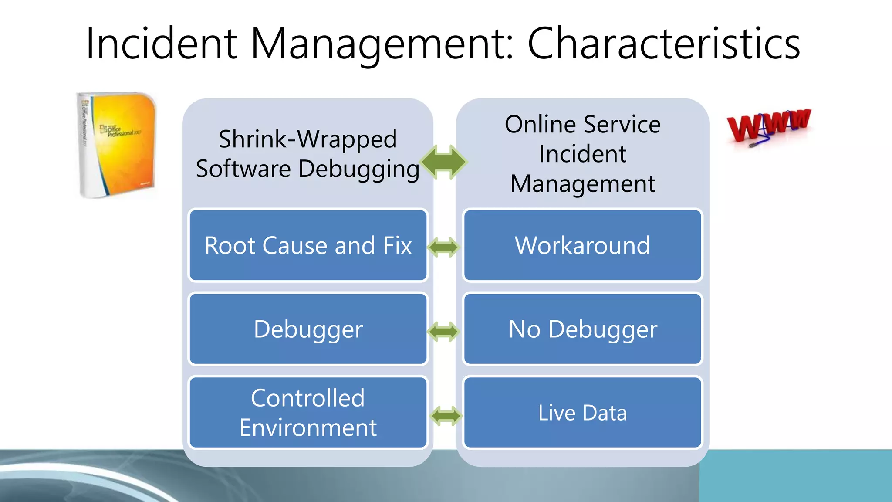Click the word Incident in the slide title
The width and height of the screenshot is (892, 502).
tap(161, 44)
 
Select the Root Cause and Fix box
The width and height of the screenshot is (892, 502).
tap(308, 245)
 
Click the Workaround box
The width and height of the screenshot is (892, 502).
tap(582, 245)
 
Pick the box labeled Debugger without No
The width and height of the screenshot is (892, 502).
tap(308, 329)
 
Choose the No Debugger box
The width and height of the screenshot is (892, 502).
tap(582, 329)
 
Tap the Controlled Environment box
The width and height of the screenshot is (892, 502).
tap(308, 413)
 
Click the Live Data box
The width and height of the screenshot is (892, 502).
tap(582, 413)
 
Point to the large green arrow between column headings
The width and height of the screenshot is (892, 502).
tap(444, 162)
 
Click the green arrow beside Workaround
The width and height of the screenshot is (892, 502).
tap(444, 247)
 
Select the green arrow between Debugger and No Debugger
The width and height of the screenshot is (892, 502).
tap(444, 332)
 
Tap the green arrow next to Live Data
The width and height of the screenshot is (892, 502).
tap(446, 416)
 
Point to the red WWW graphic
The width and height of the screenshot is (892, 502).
tap(769, 126)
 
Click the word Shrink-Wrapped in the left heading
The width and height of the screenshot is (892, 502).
tap(307, 139)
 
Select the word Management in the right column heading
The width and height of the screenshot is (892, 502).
tap(582, 183)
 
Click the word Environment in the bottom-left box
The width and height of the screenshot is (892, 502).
tap(308, 427)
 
